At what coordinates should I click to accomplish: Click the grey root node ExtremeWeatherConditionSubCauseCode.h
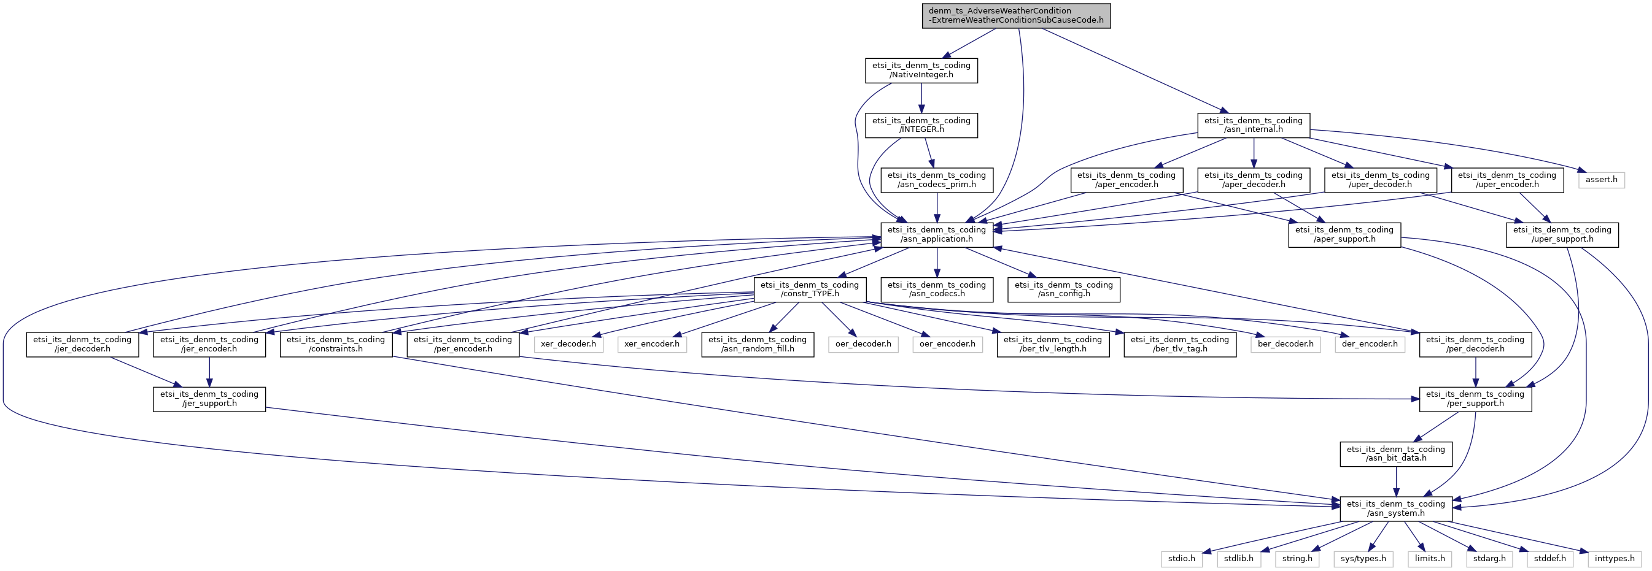click(1017, 15)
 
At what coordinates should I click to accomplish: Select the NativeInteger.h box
click(921, 70)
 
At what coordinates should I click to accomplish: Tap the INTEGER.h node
click(921, 125)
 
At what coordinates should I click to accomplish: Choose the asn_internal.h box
click(1253, 125)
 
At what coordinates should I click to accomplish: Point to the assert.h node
click(1601, 180)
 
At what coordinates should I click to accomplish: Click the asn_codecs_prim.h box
click(936, 180)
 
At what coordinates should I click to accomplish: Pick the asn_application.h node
click(936, 234)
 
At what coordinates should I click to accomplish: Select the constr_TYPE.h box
click(810, 289)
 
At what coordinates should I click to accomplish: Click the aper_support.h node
click(1344, 234)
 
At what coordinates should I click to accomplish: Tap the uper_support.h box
click(1562, 234)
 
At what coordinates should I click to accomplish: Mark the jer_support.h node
click(209, 399)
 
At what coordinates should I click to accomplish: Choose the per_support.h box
click(1475, 399)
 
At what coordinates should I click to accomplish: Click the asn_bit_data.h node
click(1395, 454)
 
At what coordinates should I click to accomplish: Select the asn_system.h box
click(1395, 508)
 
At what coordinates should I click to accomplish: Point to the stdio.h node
click(1181, 558)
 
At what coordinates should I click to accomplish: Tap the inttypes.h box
click(1614, 558)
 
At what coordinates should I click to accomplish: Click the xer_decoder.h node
click(568, 344)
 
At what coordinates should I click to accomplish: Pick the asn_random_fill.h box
click(758, 344)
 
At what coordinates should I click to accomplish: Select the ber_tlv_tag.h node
click(1179, 344)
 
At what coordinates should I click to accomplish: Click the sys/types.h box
click(1363, 558)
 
